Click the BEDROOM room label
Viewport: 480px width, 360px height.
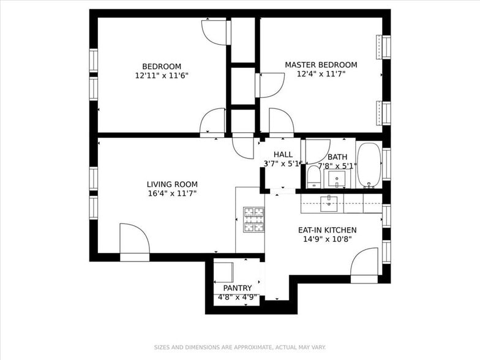tap(162, 66)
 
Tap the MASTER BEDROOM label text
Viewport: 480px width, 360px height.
tap(321, 65)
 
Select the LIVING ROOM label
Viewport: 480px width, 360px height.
tap(172, 184)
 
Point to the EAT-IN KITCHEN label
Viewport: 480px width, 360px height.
tap(327, 230)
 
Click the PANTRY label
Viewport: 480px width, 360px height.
tap(238, 288)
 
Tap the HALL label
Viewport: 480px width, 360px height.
tap(283, 154)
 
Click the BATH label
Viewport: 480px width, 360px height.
tap(337, 157)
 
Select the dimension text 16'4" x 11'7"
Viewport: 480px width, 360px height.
tap(172, 193)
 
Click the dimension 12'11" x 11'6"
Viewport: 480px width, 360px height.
tap(162, 76)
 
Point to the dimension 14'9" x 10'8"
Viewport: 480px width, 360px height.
tap(327, 239)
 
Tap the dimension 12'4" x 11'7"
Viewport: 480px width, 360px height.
tap(321, 74)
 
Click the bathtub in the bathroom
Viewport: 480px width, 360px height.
tap(369, 165)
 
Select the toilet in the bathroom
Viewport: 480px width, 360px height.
tap(313, 176)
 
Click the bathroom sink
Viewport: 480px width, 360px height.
tap(337, 179)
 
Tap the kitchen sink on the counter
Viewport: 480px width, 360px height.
tap(329, 204)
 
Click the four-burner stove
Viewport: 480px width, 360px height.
tap(253, 219)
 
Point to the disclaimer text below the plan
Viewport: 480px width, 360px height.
tap(240, 347)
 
